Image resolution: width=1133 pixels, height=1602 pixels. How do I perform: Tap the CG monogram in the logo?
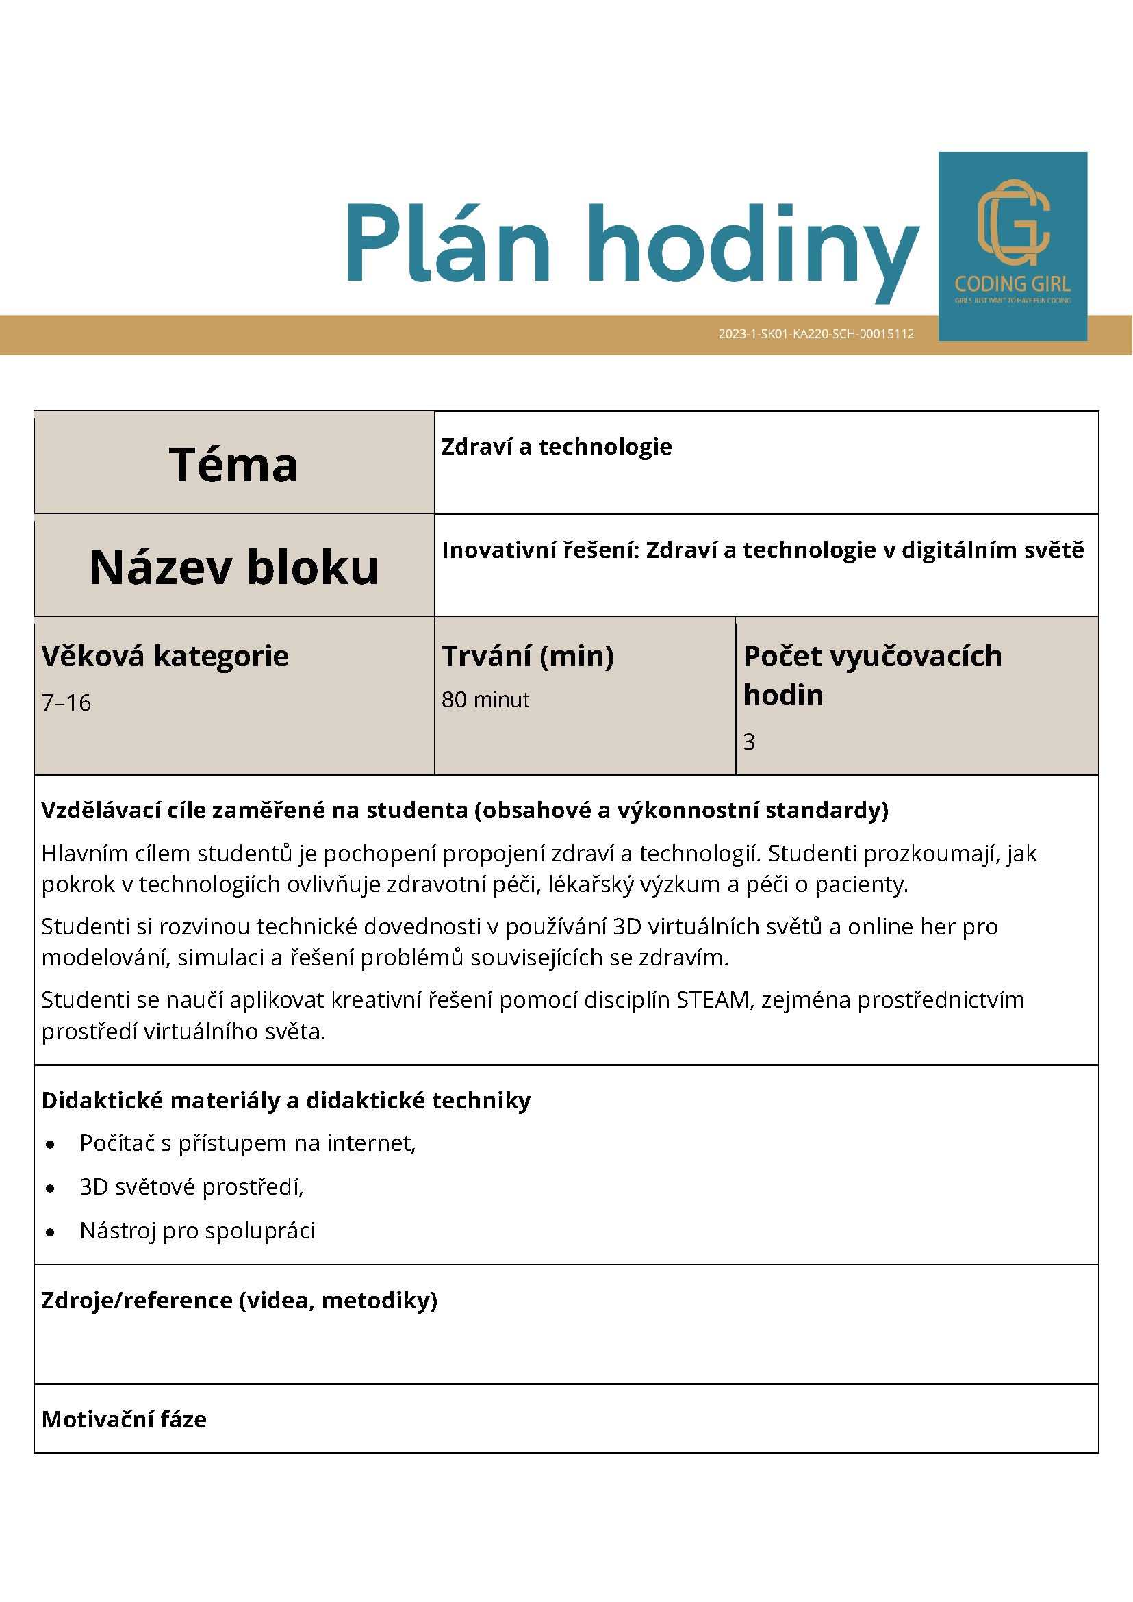[1013, 222]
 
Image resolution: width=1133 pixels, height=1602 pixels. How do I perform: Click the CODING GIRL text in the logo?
[1013, 284]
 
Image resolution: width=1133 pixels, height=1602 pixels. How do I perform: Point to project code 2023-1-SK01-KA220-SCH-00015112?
[815, 334]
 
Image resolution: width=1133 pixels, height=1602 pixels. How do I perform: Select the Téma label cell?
[233, 465]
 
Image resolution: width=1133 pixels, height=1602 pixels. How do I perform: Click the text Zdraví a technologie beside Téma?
[556, 446]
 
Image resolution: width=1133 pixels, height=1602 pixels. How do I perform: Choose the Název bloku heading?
[233, 567]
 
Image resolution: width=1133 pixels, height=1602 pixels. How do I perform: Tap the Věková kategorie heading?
[165, 656]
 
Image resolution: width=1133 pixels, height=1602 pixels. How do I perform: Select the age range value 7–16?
[66, 702]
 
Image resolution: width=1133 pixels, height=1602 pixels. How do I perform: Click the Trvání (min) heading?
[527, 656]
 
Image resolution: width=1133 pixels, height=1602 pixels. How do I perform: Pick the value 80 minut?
[485, 699]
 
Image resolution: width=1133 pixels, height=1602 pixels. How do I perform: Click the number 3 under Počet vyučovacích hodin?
[748, 741]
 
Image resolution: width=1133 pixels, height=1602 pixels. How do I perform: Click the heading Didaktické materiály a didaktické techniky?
[286, 1100]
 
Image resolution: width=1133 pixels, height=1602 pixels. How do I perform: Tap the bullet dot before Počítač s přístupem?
[50, 1144]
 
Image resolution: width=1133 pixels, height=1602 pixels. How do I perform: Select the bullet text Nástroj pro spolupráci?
[197, 1230]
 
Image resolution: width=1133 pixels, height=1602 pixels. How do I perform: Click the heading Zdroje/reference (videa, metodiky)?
[240, 1300]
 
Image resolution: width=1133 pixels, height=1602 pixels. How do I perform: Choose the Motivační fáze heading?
[124, 1419]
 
